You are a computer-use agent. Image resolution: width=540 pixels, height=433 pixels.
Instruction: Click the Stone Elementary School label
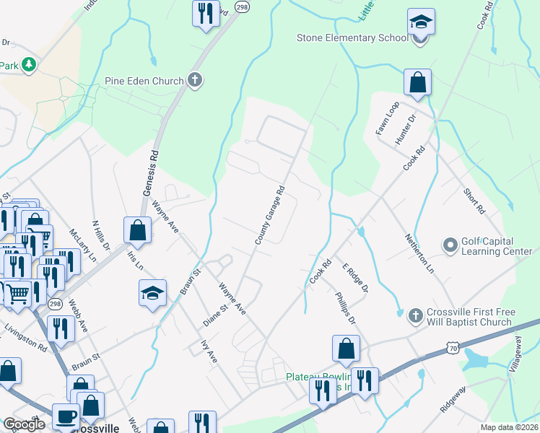point(352,38)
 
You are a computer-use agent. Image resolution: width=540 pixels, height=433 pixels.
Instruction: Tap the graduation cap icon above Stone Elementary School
point(421,22)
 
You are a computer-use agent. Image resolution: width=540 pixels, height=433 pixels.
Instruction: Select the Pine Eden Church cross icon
point(194,81)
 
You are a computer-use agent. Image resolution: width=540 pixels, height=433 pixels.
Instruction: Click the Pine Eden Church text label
point(144,82)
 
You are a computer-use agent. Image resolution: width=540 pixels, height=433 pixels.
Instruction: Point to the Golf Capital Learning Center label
point(497,246)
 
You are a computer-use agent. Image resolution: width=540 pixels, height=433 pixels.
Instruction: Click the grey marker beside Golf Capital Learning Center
point(451,246)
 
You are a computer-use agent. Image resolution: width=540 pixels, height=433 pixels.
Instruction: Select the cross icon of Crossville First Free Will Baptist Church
point(414,316)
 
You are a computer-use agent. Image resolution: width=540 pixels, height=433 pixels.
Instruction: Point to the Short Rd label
point(474,201)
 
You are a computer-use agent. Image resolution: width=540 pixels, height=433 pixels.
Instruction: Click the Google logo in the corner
point(24,424)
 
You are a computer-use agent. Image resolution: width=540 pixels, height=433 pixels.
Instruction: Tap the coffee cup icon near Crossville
point(67,416)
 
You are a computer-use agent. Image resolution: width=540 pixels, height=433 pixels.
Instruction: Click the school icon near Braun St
point(152,293)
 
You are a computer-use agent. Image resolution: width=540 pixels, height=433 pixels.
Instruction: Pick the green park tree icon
point(29,65)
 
